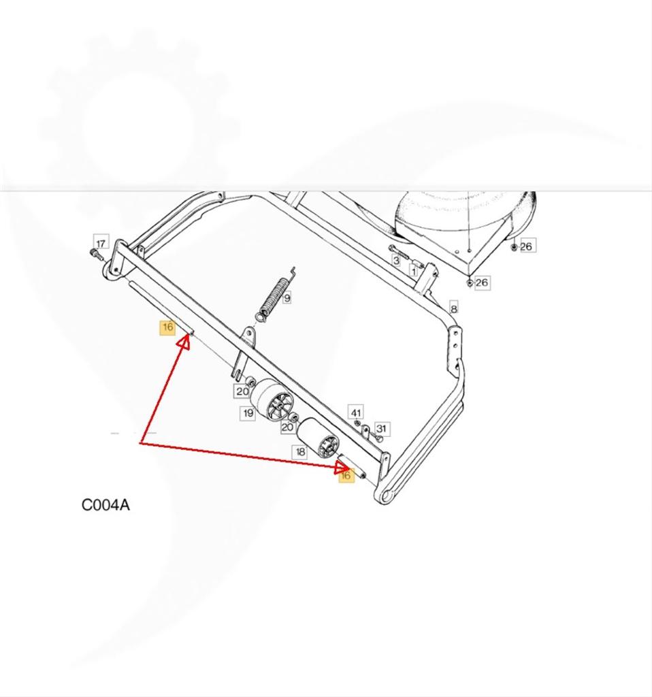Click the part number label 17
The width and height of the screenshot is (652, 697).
click(101, 243)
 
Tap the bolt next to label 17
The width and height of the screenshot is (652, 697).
click(96, 255)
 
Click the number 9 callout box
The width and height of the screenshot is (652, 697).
click(287, 297)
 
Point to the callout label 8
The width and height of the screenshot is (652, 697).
click(453, 308)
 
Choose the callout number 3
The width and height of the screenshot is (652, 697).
click(395, 261)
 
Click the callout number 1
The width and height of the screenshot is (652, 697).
click(414, 270)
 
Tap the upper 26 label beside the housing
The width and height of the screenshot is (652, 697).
click(526, 246)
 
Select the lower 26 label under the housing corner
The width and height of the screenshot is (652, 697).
click(482, 282)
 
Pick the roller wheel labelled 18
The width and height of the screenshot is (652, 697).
click(319, 439)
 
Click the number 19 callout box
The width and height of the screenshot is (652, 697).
click(248, 413)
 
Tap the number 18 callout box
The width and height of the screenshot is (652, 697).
click(300, 452)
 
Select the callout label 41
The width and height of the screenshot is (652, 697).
click(357, 412)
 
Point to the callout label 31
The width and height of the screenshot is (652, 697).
click(381, 429)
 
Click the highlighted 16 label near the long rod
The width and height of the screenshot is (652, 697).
click(167, 327)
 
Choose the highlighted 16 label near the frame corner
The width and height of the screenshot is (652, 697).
click(346, 475)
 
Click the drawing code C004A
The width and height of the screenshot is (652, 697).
click(105, 505)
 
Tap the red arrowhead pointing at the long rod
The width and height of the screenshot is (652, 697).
click(184, 342)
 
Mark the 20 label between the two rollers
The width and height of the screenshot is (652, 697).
click(288, 427)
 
